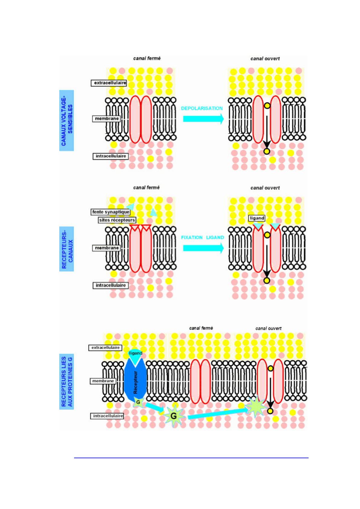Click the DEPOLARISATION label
202,108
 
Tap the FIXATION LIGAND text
202,238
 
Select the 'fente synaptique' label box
111,212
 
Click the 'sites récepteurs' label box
117,220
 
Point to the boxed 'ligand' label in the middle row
257,218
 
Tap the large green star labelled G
174,416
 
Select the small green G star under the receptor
138,402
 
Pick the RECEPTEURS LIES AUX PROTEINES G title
67,382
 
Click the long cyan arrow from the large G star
218,413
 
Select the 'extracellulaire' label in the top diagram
109,83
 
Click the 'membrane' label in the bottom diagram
103,381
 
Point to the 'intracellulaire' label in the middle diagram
111,285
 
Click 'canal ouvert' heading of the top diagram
265,59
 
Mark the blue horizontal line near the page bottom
191,458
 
